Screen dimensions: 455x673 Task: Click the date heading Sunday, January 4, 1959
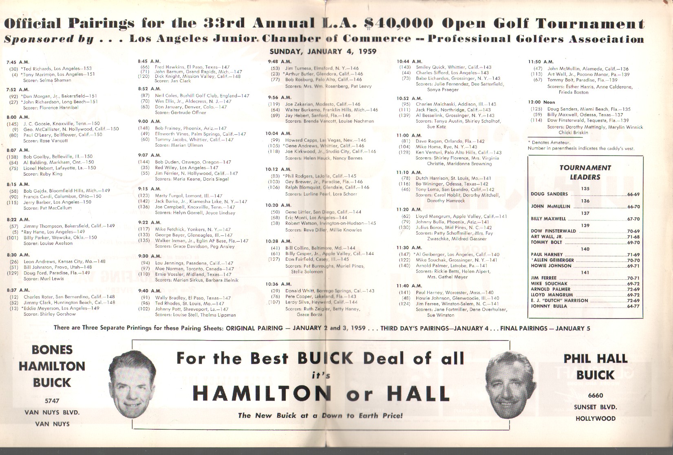pos(323,52)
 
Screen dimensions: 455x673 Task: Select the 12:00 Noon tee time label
pos(541,102)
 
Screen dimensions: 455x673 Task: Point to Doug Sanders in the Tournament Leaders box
pos(549,194)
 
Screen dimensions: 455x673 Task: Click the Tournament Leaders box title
pos(585,172)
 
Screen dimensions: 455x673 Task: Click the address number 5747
pos(52,400)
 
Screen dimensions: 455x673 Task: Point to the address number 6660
pos(595,395)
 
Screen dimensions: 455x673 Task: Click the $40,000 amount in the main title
pos(393,23)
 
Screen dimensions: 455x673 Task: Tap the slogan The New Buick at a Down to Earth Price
pos(320,415)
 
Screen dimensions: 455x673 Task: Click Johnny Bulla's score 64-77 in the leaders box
pos(633,306)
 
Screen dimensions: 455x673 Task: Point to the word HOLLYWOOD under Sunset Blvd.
pos(596,418)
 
